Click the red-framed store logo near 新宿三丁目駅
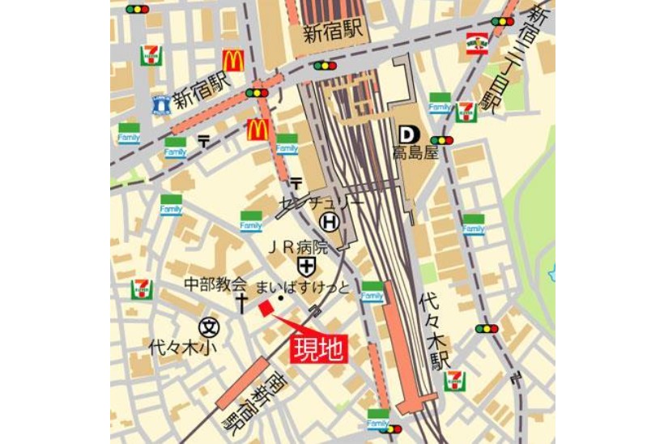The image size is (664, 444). click(x=477, y=43)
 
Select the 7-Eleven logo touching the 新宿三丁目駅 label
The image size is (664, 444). click(x=466, y=112)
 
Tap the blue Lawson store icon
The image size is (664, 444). click(x=162, y=103)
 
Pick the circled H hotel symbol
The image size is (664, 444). click(x=328, y=221)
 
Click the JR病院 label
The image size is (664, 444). click(x=298, y=247)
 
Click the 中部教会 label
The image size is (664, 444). click(x=215, y=284)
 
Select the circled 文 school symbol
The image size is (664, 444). click(x=209, y=327)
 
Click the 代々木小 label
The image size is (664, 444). click(x=179, y=348)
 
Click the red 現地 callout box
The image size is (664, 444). click(x=319, y=349)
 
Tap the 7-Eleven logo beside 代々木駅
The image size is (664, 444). click(x=455, y=381)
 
